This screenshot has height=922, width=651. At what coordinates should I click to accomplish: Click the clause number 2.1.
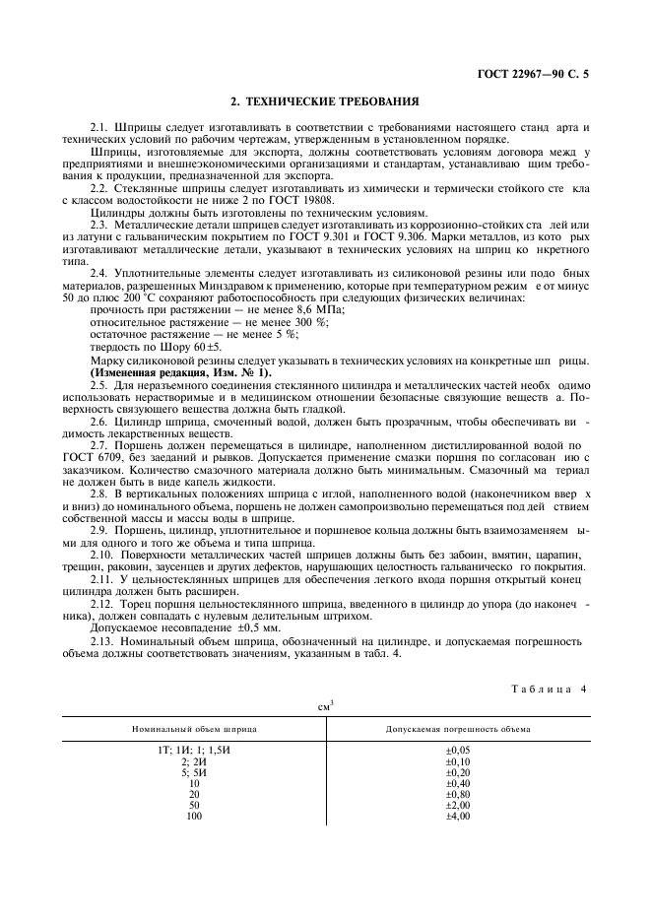[99, 128]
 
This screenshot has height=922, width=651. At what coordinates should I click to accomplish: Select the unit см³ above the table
[325, 705]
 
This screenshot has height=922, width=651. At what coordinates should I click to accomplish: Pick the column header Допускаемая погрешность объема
[458, 730]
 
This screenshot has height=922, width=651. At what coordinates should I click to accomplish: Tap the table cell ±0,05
[458, 752]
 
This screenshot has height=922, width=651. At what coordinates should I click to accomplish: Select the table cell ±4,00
[458, 817]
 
